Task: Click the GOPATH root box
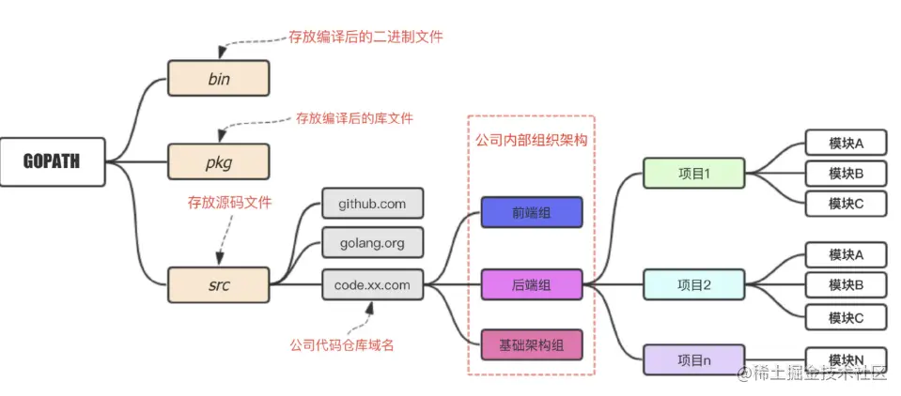(x=52, y=161)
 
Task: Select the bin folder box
(x=218, y=79)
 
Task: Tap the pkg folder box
(x=218, y=161)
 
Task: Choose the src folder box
(x=218, y=284)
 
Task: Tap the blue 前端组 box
(x=532, y=213)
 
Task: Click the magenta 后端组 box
(x=532, y=284)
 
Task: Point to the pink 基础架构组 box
(x=532, y=344)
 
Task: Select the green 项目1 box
(x=693, y=174)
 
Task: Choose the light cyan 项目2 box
(x=693, y=284)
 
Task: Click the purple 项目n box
(x=693, y=359)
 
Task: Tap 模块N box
(x=846, y=359)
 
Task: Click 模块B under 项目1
(x=846, y=173)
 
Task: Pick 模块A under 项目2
(x=846, y=254)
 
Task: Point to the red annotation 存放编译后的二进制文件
(x=365, y=37)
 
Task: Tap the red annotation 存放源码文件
(x=230, y=202)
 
